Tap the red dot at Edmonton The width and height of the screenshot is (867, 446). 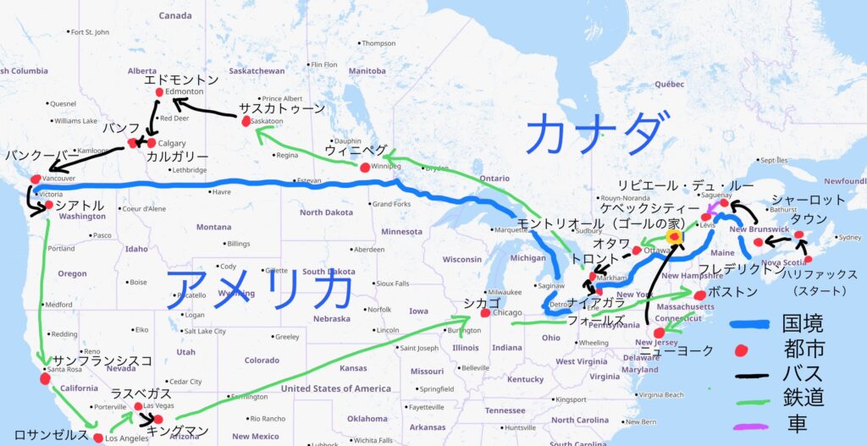click(x=159, y=92)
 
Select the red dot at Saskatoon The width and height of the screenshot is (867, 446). click(x=246, y=122)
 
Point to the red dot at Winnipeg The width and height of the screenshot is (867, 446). click(x=365, y=168)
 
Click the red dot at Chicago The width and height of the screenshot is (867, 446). click(x=485, y=313)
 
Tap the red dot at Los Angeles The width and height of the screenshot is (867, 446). click(x=99, y=438)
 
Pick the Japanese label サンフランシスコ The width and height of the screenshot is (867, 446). click(x=102, y=361)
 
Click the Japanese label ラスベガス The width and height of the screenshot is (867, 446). click(x=141, y=394)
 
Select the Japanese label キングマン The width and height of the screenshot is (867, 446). click(x=177, y=431)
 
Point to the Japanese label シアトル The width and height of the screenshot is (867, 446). click(x=79, y=206)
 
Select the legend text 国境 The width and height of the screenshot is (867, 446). click(x=803, y=322)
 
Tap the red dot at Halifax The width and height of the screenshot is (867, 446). click(x=808, y=259)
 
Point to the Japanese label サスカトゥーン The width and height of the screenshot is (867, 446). click(x=281, y=108)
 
